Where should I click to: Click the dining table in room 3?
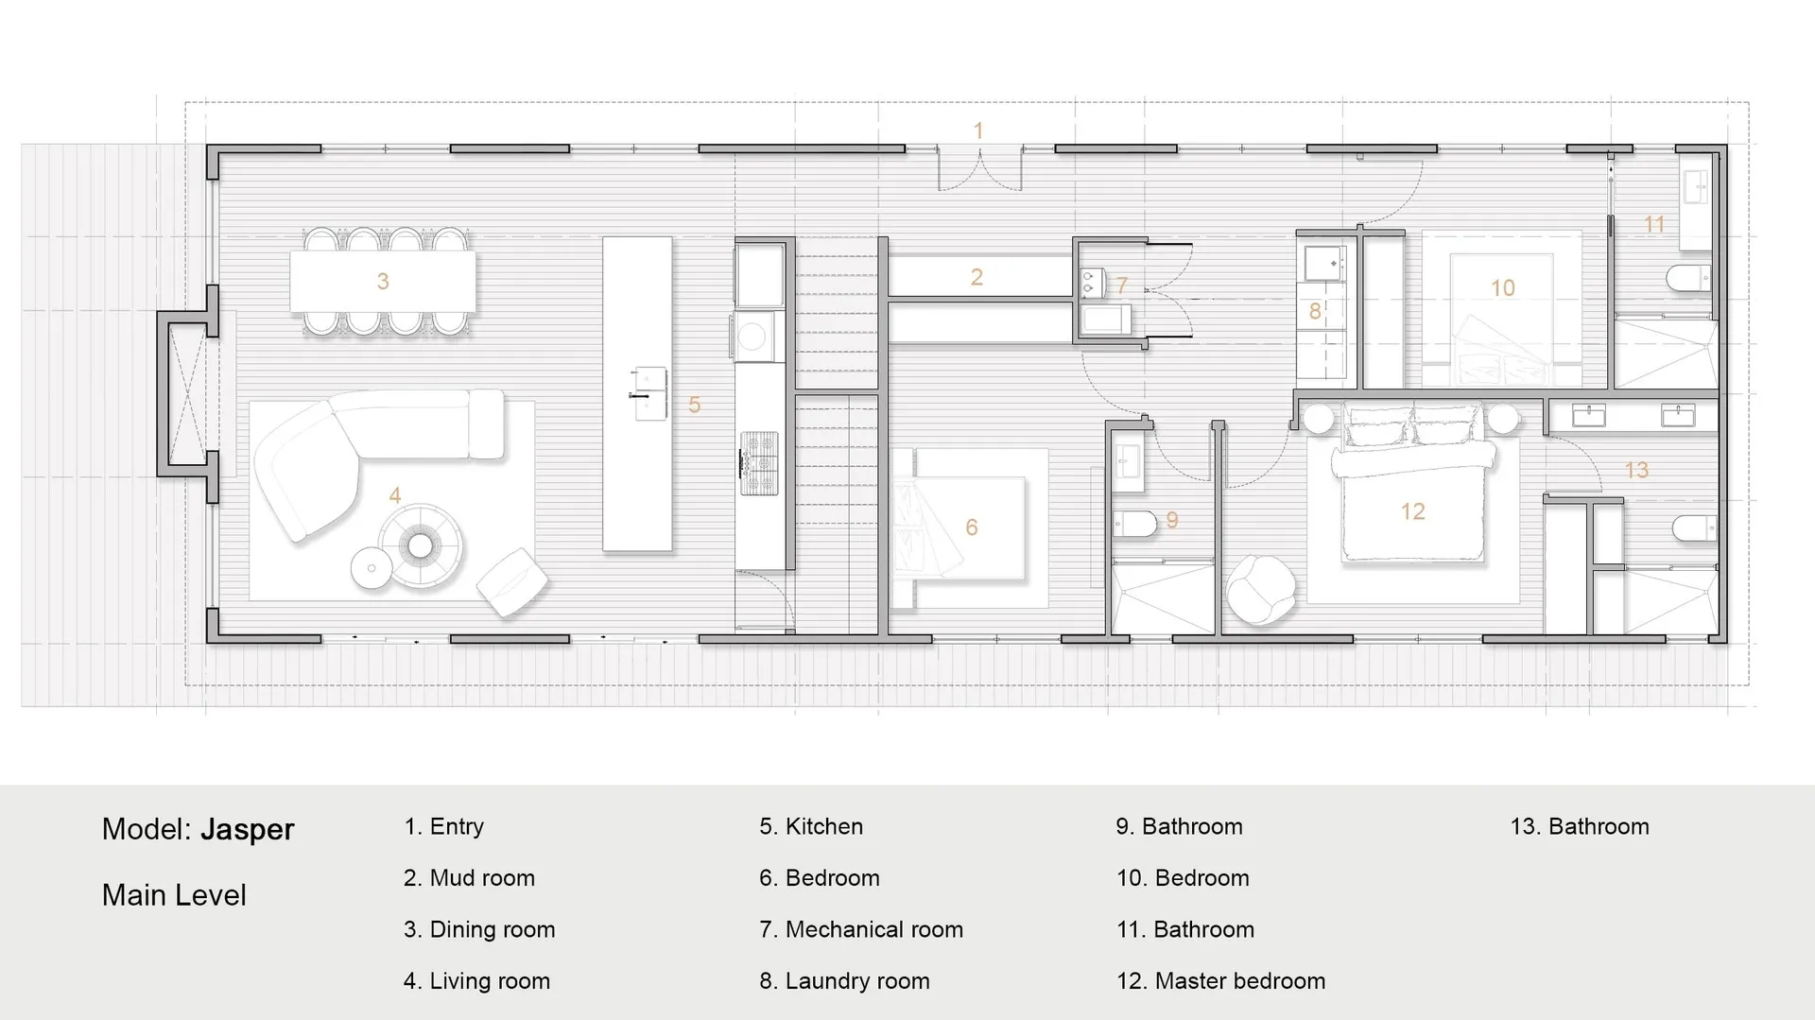pyautogui.click(x=382, y=281)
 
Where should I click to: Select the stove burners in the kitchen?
pyautogui.click(x=759, y=463)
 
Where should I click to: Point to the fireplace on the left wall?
pyautogui.click(x=188, y=393)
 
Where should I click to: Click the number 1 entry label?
pyautogui.click(x=978, y=130)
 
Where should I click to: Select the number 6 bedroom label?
pyautogui.click(x=971, y=527)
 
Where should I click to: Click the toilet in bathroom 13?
pyautogui.click(x=1694, y=528)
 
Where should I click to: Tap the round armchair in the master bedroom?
pyautogui.click(x=1261, y=590)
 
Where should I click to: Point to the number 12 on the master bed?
pyautogui.click(x=1412, y=511)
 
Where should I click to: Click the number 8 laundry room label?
pyautogui.click(x=1314, y=311)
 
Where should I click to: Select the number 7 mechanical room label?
pyautogui.click(x=1122, y=285)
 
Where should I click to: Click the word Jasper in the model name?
pyautogui.click(x=248, y=829)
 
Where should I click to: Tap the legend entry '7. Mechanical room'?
pyautogui.click(x=861, y=929)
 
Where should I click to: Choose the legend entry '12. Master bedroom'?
pyautogui.click(x=1220, y=981)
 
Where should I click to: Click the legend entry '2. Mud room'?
pyautogui.click(x=469, y=878)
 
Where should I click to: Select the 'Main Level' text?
pyautogui.click(x=174, y=895)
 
